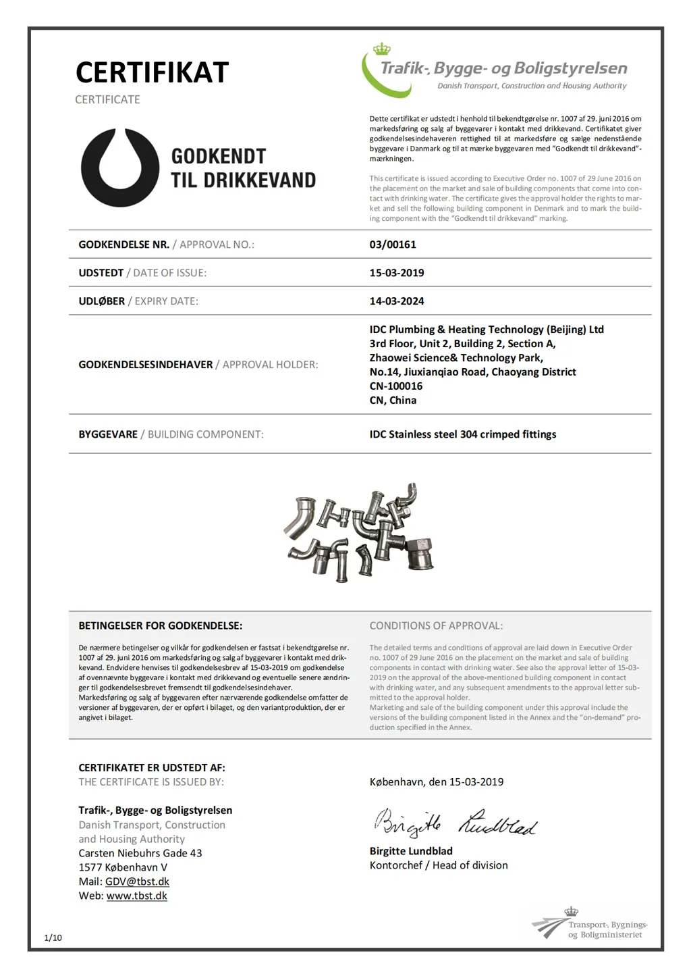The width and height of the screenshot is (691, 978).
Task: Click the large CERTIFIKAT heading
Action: [152, 73]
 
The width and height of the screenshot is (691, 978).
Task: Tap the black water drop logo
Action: [120, 168]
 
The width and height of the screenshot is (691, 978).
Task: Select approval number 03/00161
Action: [393, 244]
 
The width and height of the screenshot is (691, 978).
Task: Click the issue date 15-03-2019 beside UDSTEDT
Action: [397, 273]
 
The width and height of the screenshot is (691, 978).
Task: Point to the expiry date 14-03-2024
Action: [397, 301]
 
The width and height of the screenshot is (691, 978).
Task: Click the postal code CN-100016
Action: [396, 386]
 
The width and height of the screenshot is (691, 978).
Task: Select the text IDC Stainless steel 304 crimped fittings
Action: [463, 434]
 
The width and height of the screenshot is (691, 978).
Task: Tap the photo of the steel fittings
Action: [359, 532]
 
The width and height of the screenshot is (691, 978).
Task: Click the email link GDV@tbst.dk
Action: [137, 881]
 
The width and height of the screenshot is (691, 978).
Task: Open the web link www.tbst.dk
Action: [136, 896]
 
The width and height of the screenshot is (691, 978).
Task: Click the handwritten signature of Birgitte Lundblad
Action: [455, 823]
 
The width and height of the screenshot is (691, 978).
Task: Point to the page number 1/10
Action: [53, 937]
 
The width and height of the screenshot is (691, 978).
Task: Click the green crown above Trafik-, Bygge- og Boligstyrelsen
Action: [382, 49]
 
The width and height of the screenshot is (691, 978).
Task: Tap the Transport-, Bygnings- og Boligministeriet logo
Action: [590, 925]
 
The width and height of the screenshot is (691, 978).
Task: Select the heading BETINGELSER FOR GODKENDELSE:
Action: [161, 625]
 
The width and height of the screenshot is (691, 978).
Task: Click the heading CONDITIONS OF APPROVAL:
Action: [436, 625]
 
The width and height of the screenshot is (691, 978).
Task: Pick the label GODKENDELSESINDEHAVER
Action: [146, 365]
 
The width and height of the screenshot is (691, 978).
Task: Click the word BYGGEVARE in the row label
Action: [108, 434]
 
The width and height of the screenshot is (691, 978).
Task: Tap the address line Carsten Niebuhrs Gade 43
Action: [140, 853]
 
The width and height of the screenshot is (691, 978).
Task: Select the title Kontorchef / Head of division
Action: [439, 865]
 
